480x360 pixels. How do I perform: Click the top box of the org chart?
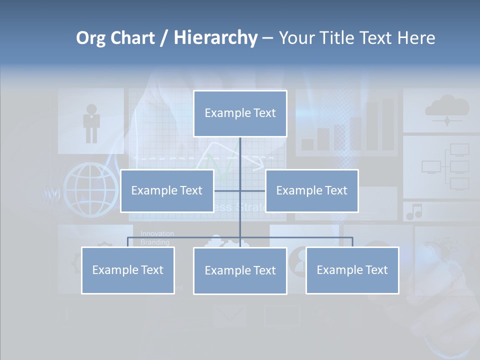click(x=240, y=113)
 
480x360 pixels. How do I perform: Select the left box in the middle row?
click(x=167, y=190)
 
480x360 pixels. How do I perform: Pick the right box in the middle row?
click(x=311, y=190)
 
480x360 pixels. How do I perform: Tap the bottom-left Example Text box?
click(x=128, y=270)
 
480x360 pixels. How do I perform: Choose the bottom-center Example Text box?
click(x=240, y=270)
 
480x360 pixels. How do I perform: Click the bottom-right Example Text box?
click(x=352, y=270)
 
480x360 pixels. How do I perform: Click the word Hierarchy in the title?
click(x=215, y=37)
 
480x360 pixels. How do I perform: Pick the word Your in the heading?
click(x=294, y=37)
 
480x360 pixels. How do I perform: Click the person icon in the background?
click(x=91, y=123)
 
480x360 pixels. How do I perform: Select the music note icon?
click(x=414, y=212)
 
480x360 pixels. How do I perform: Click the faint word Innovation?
click(x=157, y=233)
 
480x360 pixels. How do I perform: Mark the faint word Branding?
click(x=154, y=242)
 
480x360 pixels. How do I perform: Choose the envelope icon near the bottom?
click(x=229, y=315)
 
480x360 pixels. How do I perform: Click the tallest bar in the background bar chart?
click(x=388, y=124)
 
